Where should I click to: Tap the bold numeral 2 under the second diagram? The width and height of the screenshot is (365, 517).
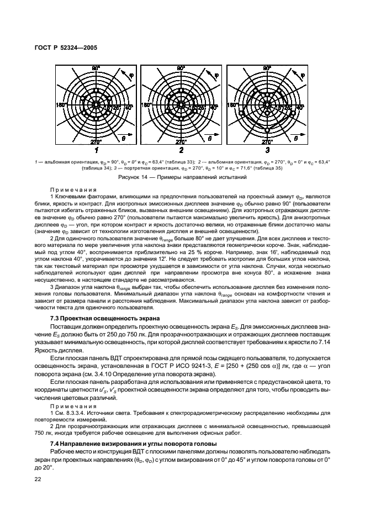(x=182, y=150)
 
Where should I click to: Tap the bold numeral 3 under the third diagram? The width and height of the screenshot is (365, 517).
(x=267, y=150)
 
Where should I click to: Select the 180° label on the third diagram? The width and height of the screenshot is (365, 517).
(x=232, y=104)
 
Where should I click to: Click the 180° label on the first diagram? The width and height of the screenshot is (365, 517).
(x=61, y=104)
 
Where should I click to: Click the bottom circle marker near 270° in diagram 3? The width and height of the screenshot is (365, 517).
(x=267, y=130)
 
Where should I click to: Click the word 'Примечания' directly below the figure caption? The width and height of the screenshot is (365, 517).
(x=73, y=188)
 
